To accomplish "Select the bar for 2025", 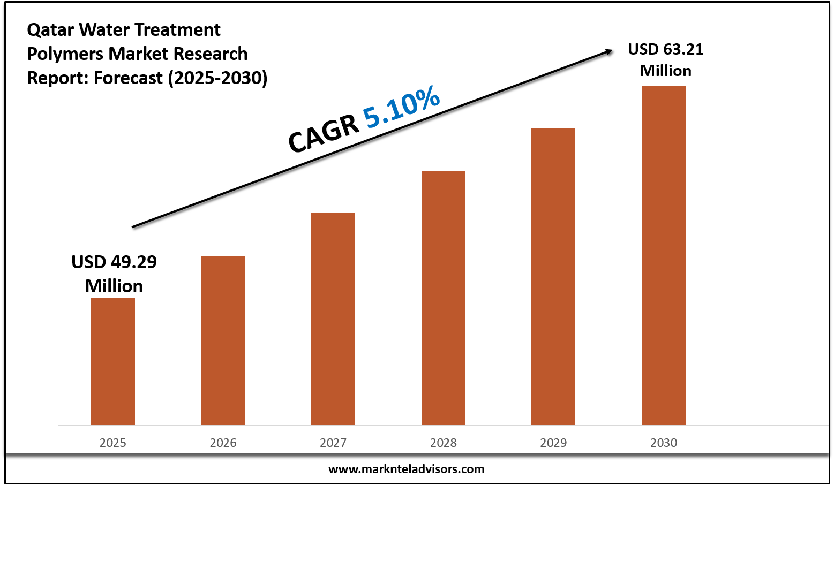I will [x=113, y=361].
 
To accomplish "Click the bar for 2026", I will [x=223, y=340].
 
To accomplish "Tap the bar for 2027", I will [x=333, y=319].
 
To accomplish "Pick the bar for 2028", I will [x=444, y=298].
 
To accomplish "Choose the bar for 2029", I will [x=553, y=276].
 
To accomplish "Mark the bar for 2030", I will [x=664, y=255].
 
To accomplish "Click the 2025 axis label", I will [x=113, y=443].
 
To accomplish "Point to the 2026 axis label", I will [x=223, y=443].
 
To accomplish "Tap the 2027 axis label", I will [x=333, y=443].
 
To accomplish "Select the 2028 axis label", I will [x=444, y=443].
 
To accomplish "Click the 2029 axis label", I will [x=553, y=443].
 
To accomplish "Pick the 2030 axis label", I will [x=664, y=443].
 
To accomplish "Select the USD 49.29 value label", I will [x=114, y=274].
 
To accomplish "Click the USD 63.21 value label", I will [x=666, y=59].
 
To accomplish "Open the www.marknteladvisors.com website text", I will [x=406, y=469].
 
